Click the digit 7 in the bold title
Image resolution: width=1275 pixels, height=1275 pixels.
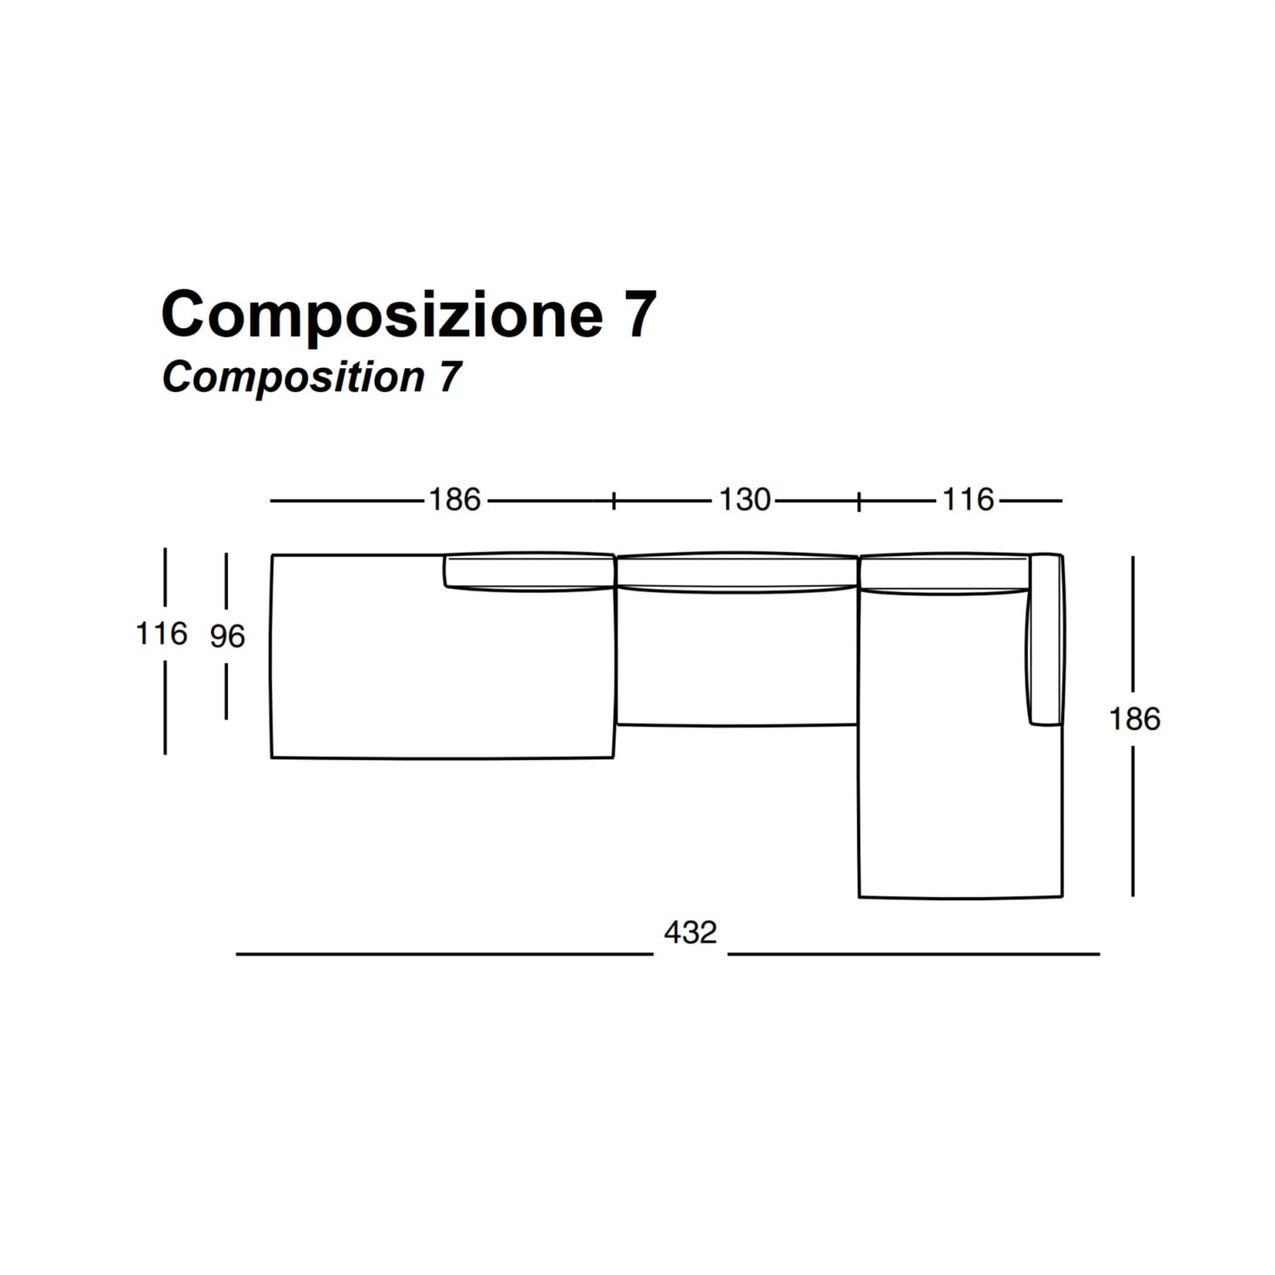tap(639, 314)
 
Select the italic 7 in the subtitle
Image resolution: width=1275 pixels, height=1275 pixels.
tap(450, 377)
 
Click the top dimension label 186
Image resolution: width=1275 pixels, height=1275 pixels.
tap(455, 500)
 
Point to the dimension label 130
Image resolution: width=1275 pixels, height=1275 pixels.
tap(745, 500)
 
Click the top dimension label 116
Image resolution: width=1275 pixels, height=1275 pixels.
tap(968, 500)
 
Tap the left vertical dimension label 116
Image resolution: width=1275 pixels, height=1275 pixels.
tap(161, 633)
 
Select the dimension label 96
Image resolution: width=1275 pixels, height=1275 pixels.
tap(227, 636)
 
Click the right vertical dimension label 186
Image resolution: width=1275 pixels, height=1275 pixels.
tap(1134, 719)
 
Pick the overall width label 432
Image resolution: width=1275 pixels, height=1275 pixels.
tap(690, 932)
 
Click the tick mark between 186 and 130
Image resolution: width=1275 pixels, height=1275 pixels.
tap(614, 501)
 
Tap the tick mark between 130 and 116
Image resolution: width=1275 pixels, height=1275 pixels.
tap(859, 501)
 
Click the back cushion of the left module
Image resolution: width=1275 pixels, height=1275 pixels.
tap(529, 570)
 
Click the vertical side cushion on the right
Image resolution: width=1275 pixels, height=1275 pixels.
tap(1045, 640)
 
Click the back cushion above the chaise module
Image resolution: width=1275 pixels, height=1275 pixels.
tap(944, 574)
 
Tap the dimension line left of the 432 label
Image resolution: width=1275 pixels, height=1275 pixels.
tap(445, 955)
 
